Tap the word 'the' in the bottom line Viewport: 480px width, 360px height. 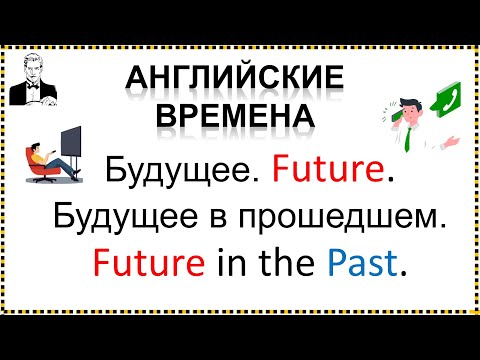pos(283,263)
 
